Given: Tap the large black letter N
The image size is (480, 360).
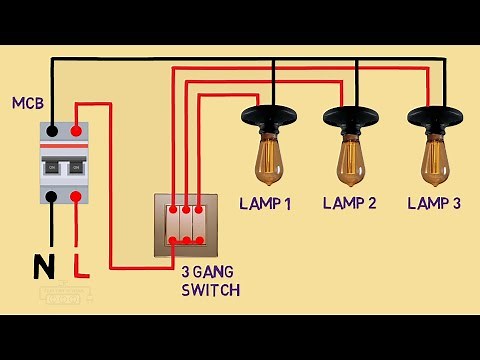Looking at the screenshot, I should (44, 267).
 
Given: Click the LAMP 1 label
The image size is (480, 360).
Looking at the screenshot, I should (265, 204).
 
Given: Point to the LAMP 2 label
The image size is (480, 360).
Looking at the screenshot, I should (349, 204).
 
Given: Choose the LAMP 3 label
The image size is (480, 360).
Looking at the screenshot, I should (434, 204).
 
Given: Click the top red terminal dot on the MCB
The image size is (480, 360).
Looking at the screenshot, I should (77, 130).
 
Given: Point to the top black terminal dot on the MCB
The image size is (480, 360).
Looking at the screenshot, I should (52, 130).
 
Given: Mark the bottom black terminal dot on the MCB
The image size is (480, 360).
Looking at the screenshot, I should (52, 197).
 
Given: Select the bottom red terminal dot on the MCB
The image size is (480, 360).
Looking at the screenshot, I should (77, 197).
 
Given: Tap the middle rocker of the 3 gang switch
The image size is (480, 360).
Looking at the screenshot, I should (186, 226).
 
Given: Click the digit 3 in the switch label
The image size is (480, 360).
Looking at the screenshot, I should (186, 273).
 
